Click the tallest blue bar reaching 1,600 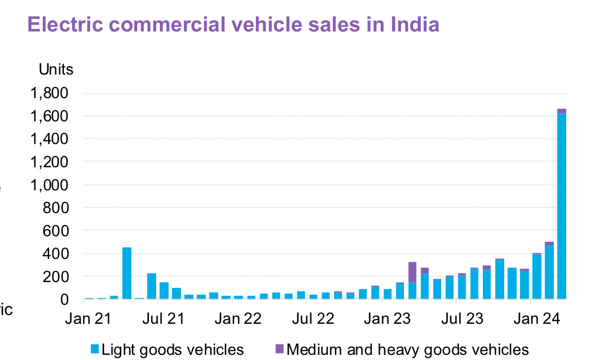pyautogui.click(x=562, y=206)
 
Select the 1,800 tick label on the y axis pyautogui.click(x=49, y=94)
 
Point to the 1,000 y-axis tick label pyautogui.click(x=49, y=185)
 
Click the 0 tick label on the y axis pyautogui.click(x=64, y=299)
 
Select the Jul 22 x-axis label pyautogui.click(x=314, y=319)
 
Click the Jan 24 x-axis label pyautogui.click(x=538, y=319)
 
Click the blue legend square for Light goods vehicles pyautogui.click(x=95, y=348)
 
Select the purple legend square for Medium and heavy pyautogui.click(x=279, y=348)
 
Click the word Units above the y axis pyautogui.click(x=56, y=69)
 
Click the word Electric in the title pyautogui.click(x=63, y=24)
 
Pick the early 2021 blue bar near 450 pyautogui.click(x=127, y=273)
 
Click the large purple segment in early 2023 pyautogui.click(x=412, y=272)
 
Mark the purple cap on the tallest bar pyautogui.click(x=562, y=111)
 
